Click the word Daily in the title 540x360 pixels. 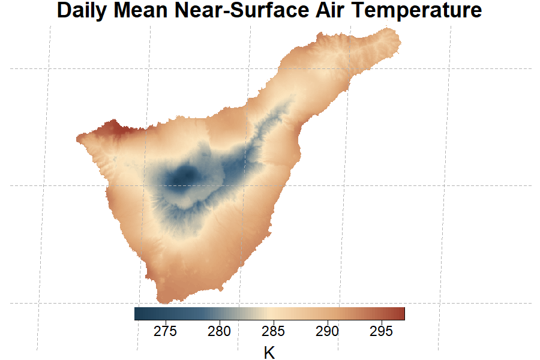pos(83,11)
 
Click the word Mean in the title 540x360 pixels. pos(139,11)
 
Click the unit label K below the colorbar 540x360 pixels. pos(269,352)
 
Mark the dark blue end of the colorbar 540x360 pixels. pos(138,314)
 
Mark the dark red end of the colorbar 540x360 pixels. pos(401,314)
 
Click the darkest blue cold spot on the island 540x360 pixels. pos(187,176)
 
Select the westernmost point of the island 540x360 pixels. pos(77,139)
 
